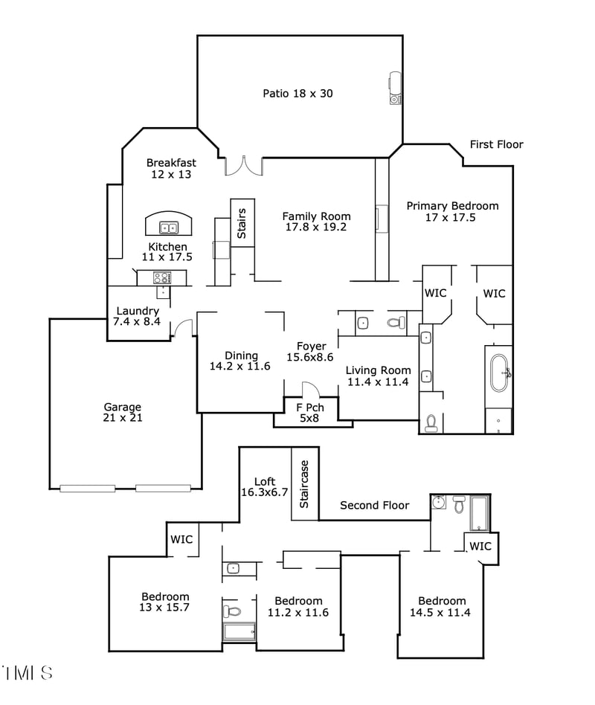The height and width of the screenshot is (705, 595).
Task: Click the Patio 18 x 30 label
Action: pos(297,93)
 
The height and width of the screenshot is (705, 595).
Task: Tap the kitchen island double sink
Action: pos(169,228)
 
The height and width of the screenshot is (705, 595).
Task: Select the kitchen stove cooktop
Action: pos(161,277)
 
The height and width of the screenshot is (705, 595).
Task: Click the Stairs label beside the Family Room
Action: pos(242,223)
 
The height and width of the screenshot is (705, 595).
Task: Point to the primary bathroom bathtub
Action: pos(498,372)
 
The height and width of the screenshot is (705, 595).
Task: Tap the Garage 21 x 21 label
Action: pos(123,412)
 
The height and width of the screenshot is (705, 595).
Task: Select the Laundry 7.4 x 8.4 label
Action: pos(138,316)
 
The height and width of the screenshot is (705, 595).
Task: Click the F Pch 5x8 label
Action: pos(309,413)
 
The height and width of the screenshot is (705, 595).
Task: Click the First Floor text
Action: pos(496,144)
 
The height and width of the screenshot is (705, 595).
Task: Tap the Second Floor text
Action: pos(374,505)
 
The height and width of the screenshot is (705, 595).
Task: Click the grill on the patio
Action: pos(396,88)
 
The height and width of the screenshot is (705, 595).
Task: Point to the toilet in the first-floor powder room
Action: pos(396,323)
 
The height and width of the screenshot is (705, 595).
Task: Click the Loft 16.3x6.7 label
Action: pos(264,486)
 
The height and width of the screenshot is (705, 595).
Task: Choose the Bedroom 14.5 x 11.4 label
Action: pos(442,607)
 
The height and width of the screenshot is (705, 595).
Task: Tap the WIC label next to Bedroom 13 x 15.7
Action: pos(181,539)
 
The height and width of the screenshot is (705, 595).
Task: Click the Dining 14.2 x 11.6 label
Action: pos(239,361)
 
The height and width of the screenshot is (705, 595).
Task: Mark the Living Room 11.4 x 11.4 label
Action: pos(379,376)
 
